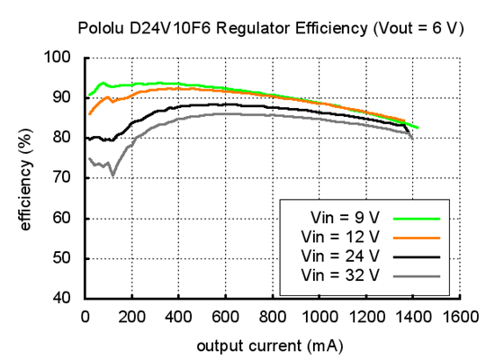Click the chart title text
(x=271, y=28)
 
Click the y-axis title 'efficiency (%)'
(x=26, y=178)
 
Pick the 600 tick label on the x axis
(x=225, y=317)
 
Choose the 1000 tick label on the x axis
(x=319, y=317)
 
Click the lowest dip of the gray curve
(x=112, y=174)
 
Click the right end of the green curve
(x=418, y=129)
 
